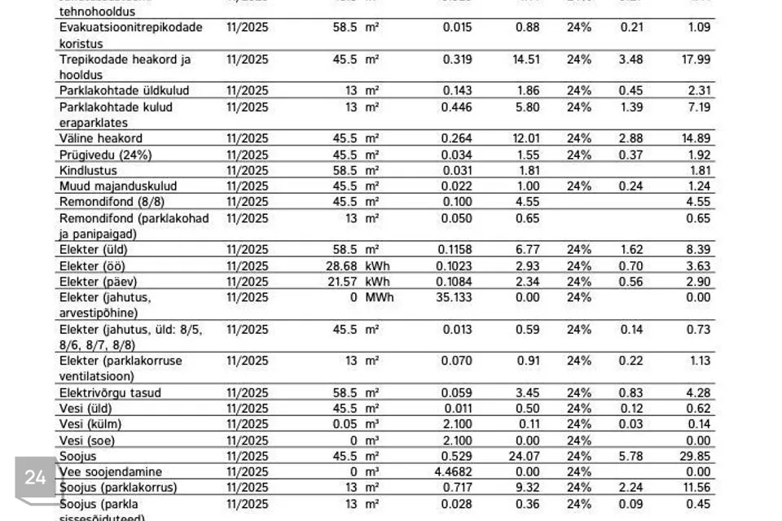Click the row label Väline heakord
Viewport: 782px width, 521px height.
tap(101, 138)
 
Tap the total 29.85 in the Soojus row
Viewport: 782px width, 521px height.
tap(696, 457)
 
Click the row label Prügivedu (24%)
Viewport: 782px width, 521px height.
tap(105, 155)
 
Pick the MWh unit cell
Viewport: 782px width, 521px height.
tap(379, 297)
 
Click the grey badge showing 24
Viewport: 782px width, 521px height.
tap(35, 478)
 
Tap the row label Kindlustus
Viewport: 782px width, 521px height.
tap(88, 171)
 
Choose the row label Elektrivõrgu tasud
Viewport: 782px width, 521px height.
tap(110, 393)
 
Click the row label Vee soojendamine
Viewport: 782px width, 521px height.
tap(111, 472)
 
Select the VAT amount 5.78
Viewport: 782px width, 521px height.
tap(631, 457)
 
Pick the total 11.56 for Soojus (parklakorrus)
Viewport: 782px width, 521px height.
tap(696, 488)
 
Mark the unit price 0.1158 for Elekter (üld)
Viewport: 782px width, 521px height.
tap(454, 250)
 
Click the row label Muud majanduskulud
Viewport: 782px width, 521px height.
tap(117, 186)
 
